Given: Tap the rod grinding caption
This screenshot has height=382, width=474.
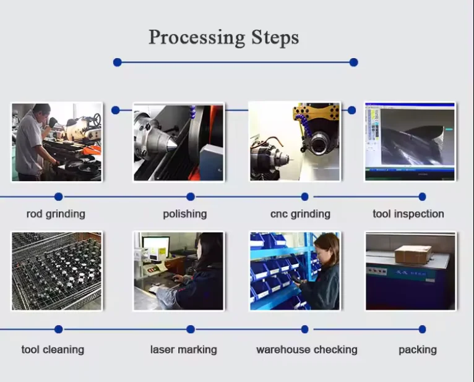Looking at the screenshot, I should click(x=56, y=214).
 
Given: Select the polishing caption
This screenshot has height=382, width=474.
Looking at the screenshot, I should click(x=185, y=214).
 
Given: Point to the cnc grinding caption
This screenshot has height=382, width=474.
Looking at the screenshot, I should click(x=300, y=214).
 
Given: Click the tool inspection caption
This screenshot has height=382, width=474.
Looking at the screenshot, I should click(x=408, y=214).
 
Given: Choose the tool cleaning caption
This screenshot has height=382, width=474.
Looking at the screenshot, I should click(x=53, y=349).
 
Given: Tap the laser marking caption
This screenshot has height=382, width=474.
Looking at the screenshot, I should click(x=184, y=349).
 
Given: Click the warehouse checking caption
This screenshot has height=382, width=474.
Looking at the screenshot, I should click(x=307, y=349).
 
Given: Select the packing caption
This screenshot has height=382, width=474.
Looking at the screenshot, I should click(x=418, y=349).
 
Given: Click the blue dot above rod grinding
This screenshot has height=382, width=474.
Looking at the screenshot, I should click(x=58, y=197).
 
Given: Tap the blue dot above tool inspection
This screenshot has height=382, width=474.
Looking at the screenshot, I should click(x=422, y=197).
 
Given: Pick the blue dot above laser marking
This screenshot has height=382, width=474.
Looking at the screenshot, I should click(x=191, y=329).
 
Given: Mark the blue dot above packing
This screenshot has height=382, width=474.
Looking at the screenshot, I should click(x=422, y=329).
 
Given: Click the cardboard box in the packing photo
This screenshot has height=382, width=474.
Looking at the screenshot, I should click(x=413, y=253).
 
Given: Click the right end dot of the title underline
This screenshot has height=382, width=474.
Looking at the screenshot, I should click(x=353, y=62).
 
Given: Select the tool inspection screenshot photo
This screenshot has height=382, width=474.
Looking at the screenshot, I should click(x=410, y=142).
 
